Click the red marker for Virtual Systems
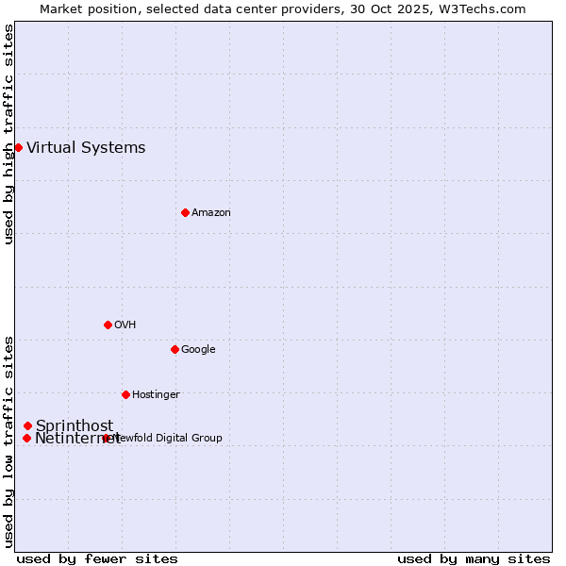[x=18, y=147]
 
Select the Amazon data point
[x=185, y=212]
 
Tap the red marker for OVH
[x=108, y=325]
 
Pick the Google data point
[x=175, y=349]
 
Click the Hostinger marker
[x=125, y=394]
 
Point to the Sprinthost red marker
[x=27, y=425]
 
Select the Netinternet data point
[x=26, y=438]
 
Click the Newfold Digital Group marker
[x=106, y=438]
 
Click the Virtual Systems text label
[x=86, y=147]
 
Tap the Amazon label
[x=211, y=212]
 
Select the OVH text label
[x=125, y=325]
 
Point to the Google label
[x=198, y=349]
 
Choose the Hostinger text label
[x=156, y=394]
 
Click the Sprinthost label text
[x=75, y=425]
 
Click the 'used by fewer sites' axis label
[x=97, y=558]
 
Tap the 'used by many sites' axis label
[x=474, y=558]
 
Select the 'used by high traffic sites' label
[x=8, y=134]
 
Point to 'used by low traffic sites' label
[x=8, y=441]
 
